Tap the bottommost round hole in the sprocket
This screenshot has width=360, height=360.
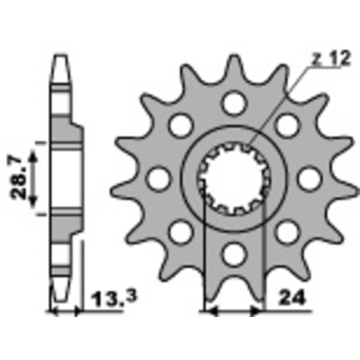tap(233, 254)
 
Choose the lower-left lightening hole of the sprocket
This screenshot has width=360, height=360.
tap(180, 232)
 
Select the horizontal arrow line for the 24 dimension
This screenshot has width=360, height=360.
tap(233, 309)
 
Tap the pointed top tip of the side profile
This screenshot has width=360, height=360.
tap(59, 59)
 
